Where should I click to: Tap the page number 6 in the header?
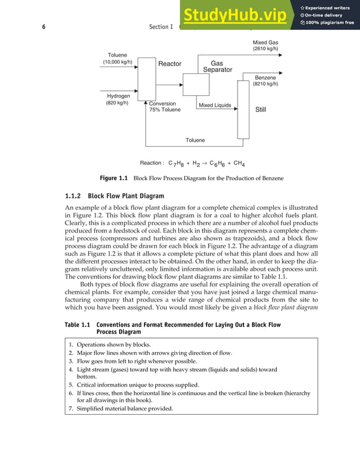44,27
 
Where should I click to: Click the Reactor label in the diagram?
169,64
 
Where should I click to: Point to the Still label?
261,110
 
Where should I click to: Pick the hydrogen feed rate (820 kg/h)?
117,103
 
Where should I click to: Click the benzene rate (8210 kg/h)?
265,84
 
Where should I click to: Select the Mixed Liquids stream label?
214,106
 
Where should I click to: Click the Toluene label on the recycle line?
195,140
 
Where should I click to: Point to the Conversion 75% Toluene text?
164,107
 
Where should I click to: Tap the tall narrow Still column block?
243,109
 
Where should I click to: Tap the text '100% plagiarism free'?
330,23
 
